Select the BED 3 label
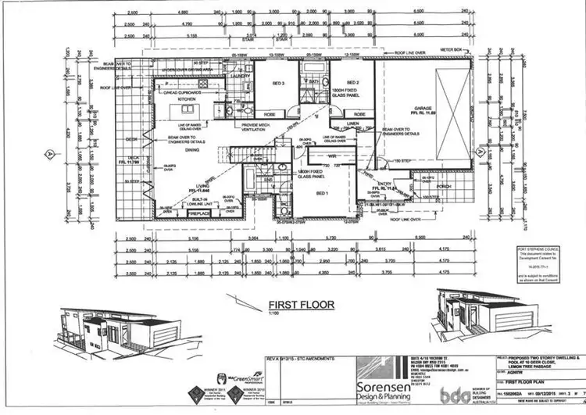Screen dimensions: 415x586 pyautogui.click(x=277, y=82)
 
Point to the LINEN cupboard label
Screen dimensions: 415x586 pyautogui.click(x=352, y=123)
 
